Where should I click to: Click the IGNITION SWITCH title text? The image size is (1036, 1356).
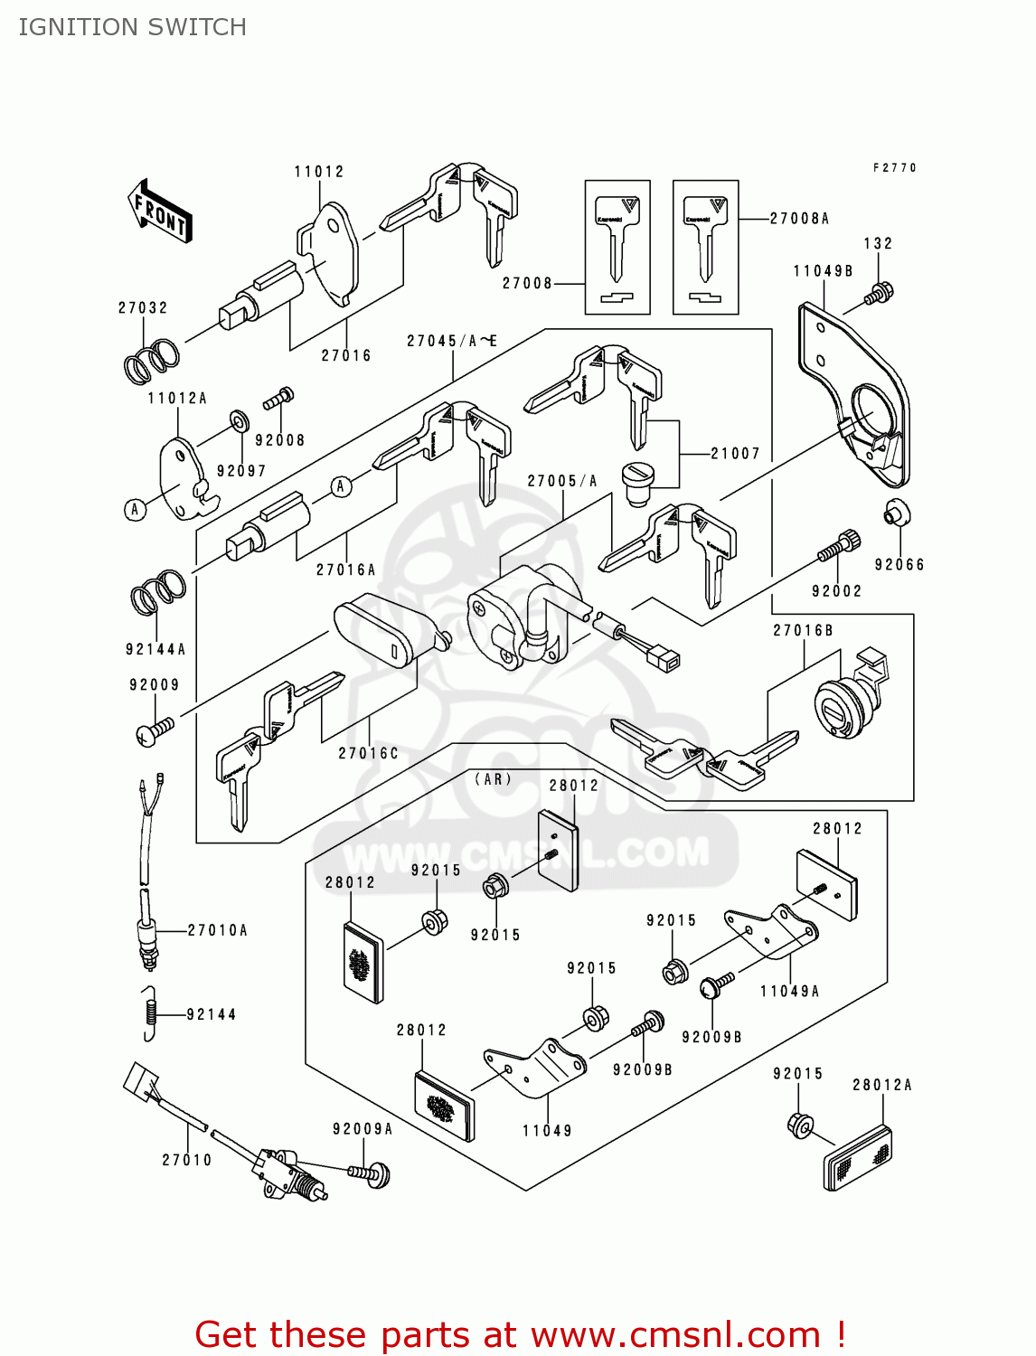pos(132,27)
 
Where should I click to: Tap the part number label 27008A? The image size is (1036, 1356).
pos(799,219)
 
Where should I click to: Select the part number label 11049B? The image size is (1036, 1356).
pos(823,271)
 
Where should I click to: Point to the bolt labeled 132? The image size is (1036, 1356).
pos(878,294)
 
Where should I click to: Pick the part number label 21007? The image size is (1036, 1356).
pos(735,454)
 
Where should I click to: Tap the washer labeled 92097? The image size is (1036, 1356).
pos(240,421)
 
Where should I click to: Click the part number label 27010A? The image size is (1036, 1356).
pos(217,930)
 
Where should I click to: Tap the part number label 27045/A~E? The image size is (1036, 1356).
pos(451,342)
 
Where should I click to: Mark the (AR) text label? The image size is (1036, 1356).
pos(494,779)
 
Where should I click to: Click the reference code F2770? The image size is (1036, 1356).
pos(894,168)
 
